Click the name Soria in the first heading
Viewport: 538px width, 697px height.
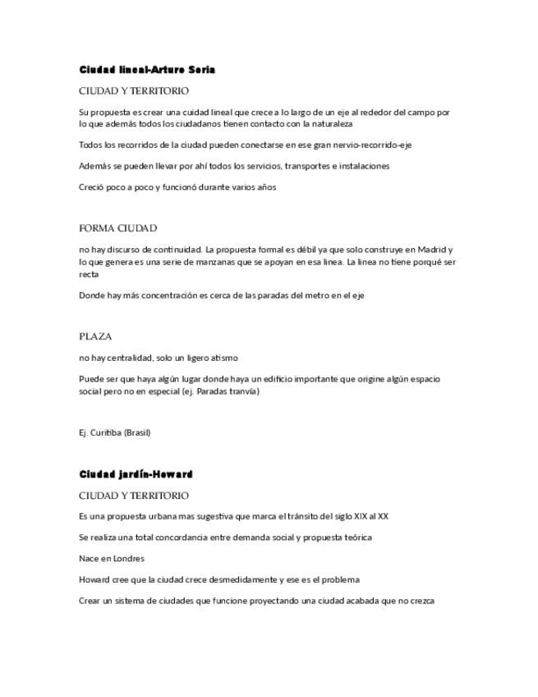point(203,70)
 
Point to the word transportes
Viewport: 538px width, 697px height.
point(309,166)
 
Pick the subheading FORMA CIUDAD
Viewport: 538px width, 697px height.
point(117,228)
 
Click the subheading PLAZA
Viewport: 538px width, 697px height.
point(95,337)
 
